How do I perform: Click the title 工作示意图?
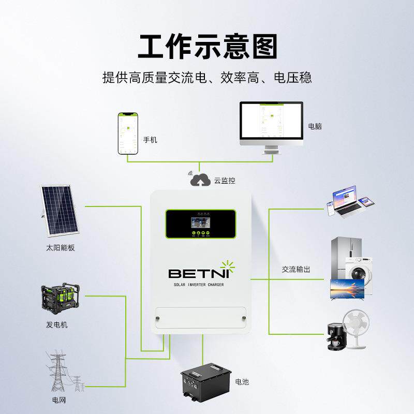[x=207, y=46]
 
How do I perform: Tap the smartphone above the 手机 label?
[x=127, y=133]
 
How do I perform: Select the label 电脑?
[x=315, y=126]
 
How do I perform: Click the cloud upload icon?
[x=199, y=181]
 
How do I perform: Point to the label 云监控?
[x=224, y=181]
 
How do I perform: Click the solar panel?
[x=60, y=210]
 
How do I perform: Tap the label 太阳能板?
[x=60, y=247]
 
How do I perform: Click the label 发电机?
[x=56, y=325]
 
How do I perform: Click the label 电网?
[x=59, y=400]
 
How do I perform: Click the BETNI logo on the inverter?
[x=200, y=272]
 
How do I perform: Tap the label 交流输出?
[x=296, y=270]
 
